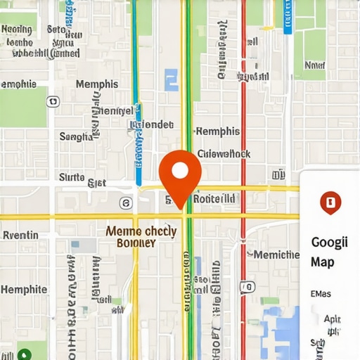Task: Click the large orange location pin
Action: (180, 172)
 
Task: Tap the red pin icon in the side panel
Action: (329, 202)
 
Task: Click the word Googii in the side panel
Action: (329, 243)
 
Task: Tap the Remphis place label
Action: (217, 131)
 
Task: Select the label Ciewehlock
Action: (224, 153)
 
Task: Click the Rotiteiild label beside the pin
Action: (214, 199)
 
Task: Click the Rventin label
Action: (20, 235)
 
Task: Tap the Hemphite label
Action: (23, 289)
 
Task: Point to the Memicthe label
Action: (276, 255)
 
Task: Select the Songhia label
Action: (76, 136)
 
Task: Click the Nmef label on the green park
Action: (314, 65)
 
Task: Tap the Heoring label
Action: (17, 30)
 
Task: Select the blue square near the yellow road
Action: (172, 79)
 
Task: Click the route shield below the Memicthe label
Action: (246, 286)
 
